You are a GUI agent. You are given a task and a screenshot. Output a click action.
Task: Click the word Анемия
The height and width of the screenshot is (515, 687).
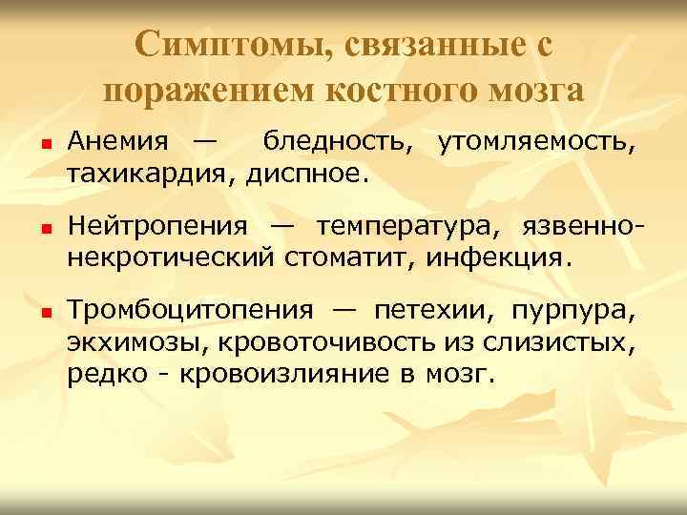[119, 143]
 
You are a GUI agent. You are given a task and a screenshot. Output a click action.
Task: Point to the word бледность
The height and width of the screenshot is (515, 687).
[339, 143]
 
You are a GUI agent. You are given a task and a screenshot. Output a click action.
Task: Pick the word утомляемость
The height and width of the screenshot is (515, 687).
[535, 143]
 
